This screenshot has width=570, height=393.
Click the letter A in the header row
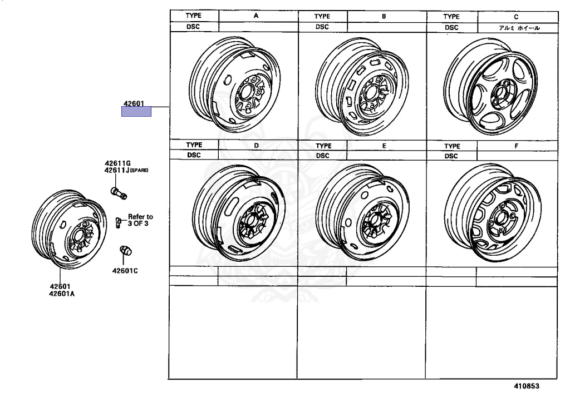256,16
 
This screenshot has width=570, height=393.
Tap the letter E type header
384,146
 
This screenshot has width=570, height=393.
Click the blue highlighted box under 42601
136,112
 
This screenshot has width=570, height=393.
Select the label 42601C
125,271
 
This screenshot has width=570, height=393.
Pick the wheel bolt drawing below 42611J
118,193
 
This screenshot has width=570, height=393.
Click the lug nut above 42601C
126,251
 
